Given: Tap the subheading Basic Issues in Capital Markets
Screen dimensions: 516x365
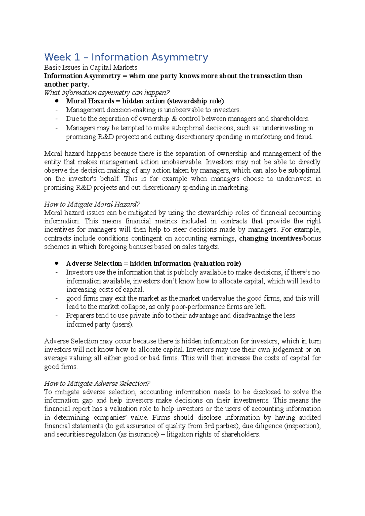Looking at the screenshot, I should coord(91,67).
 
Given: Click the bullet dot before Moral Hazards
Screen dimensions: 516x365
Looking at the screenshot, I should coord(57,101).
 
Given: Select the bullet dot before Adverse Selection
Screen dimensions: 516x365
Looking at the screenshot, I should coord(57,263).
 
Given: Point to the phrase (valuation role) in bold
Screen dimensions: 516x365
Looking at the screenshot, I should coord(217,263).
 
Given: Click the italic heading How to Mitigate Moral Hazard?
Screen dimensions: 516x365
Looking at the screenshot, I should coord(92,204).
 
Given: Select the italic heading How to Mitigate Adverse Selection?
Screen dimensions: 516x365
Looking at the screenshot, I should coord(97,384).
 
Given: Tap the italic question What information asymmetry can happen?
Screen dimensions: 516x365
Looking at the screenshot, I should coord(107,93).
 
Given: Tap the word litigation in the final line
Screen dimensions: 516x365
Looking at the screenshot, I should coord(179,434).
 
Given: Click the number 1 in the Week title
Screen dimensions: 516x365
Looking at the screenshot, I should coord(77,57).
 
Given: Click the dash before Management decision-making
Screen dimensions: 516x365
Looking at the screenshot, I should coord(57,110).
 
